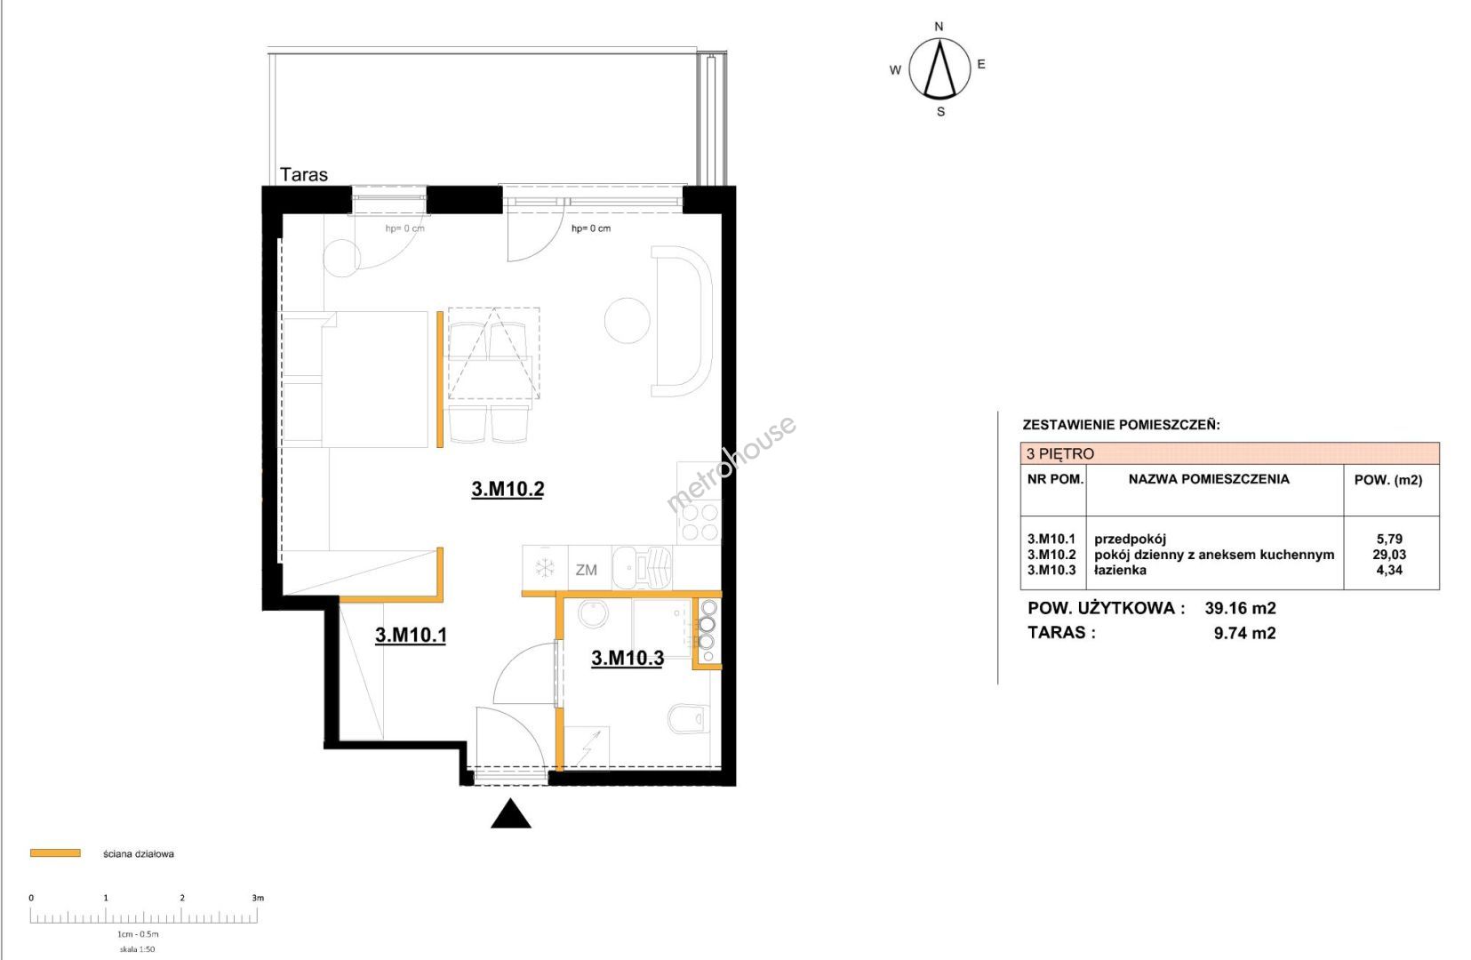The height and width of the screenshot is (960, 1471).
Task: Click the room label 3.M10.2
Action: click(x=508, y=489)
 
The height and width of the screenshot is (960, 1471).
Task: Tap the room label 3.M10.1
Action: click(x=412, y=635)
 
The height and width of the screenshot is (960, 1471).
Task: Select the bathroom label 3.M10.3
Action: click(x=628, y=658)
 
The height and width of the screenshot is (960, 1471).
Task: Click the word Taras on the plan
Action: click(x=303, y=174)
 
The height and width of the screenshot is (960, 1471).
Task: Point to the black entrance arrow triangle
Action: click(x=511, y=813)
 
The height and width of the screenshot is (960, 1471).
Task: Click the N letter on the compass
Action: click(x=939, y=27)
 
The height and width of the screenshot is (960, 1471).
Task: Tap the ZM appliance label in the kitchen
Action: click(x=587, y=570)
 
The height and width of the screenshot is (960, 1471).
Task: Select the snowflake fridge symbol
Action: click(x=545, y=569)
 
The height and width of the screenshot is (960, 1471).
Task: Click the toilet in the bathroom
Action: click(x=685, y=719)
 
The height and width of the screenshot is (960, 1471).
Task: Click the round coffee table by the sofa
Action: click(x=628, y=320)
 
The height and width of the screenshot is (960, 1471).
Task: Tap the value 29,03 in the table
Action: click(x=1389, y=555)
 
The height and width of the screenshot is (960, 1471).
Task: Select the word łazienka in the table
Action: click(x=1120, y=570)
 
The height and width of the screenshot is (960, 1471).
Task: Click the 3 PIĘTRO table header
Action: click(x=1060, y=453)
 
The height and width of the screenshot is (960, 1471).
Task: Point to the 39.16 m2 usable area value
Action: click(x=1241, y=608)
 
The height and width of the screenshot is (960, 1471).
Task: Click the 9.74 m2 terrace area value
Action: click(x=1245, y=633)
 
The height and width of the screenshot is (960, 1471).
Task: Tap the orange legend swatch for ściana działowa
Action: click(x=55, y=853)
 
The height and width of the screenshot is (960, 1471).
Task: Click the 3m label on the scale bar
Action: click(x=258, y=898)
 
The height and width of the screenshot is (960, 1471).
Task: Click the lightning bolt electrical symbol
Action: click(x=588, y=747)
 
